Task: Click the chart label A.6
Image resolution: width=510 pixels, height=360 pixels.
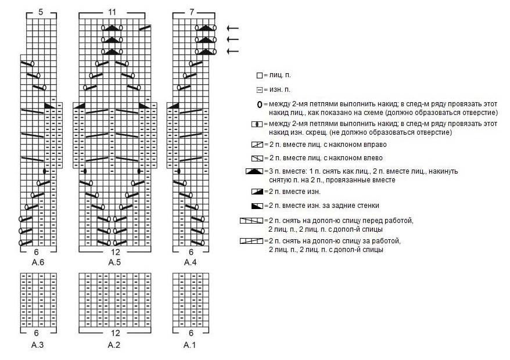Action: (x=38, y=262)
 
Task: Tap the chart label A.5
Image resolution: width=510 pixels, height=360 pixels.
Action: (x=114, y=262)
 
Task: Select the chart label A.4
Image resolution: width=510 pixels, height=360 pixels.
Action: (x=191, y=262)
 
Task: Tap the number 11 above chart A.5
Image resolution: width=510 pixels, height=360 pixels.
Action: (x=112, y=12)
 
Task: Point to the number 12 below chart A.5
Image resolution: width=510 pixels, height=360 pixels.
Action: (x=114, y=252)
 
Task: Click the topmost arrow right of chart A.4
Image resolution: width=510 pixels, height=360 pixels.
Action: (x=232, y=28)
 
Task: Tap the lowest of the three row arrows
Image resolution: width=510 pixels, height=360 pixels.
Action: (x=232, y=52)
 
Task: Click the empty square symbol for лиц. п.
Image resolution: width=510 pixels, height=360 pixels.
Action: (x=259, y=75)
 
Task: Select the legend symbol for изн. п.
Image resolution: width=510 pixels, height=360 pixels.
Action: (x=259, y=89)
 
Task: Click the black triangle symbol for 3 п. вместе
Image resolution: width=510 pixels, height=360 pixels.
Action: (x=254, y=171)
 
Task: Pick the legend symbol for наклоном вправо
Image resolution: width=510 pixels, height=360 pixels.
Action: (x=257, y=144)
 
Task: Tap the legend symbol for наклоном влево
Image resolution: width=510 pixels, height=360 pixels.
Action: (x=257, y=157)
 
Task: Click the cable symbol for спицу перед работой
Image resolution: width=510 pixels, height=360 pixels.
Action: (x=251, y=221)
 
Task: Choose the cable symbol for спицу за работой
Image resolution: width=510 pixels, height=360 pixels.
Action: (x=251, y=240)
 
